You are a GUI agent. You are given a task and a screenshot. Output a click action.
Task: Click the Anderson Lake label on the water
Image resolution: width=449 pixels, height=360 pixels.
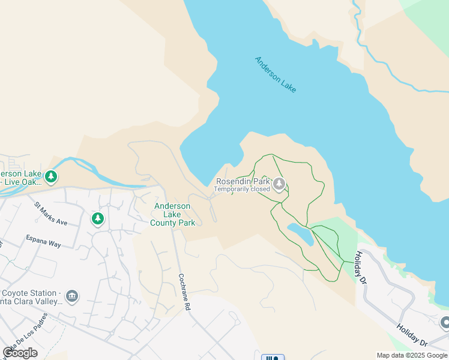[276, 74]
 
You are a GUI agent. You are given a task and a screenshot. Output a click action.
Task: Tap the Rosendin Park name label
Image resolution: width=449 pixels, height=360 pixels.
[243, 182]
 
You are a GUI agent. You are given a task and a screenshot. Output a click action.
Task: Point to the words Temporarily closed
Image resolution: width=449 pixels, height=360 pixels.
[243, 190]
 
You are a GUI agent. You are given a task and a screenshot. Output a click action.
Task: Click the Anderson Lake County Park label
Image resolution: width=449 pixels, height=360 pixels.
[173, 214]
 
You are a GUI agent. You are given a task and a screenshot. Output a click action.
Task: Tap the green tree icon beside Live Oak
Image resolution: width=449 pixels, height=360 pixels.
[52, 176]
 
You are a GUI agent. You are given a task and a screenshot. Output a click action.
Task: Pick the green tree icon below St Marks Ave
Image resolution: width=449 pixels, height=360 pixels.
[98, 219]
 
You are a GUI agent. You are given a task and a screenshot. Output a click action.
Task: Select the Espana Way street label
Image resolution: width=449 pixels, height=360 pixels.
[43, 242]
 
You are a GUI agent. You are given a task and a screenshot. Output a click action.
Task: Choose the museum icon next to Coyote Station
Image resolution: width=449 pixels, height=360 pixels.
[72, 297]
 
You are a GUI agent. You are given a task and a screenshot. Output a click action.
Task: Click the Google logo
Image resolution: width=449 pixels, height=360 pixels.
[20, 353]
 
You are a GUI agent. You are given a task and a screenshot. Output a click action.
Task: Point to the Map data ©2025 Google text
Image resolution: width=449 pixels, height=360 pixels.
[412, 355]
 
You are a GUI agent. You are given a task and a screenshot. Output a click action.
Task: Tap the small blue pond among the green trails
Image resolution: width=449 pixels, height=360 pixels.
[300, 234]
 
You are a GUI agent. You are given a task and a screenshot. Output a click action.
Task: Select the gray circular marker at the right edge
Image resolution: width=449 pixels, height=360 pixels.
[445, 323]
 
